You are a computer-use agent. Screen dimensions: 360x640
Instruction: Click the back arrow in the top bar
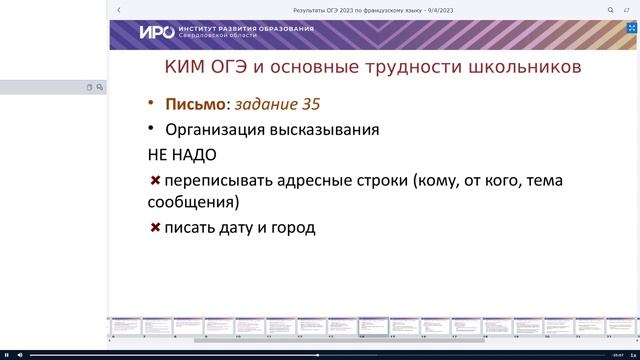click(119, 10)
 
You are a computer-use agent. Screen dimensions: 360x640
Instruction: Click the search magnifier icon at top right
click(611, 10)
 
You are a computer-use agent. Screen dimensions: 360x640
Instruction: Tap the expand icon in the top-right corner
click(627, 10)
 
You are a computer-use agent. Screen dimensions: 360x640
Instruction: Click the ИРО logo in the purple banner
click(156, 32)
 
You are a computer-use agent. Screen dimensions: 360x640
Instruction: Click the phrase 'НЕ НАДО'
click(182, 155)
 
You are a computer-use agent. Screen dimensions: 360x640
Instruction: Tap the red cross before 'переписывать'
click(155, 180)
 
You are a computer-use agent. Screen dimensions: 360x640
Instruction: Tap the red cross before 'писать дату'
click(155, 227)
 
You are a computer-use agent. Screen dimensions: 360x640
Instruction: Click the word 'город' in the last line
click(292, 228)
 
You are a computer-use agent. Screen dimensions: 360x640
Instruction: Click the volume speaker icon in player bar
click(21, 354)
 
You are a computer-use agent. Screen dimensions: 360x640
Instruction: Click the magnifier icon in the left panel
click(99, 87)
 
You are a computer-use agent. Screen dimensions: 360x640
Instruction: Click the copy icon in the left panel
click(89, 87)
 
